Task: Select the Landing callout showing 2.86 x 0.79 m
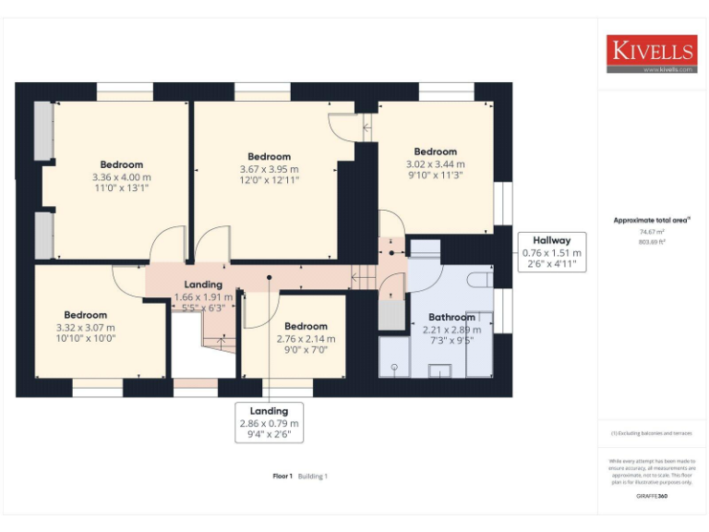[269, 423]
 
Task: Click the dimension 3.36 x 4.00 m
[121, 176]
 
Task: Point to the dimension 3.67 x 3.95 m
[269, 169]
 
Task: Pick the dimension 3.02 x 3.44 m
[435, 163]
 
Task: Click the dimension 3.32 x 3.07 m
[85, 327]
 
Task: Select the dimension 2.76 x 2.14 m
[306, 338]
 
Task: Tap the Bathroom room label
[451, 318]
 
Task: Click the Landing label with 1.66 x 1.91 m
[203, 297]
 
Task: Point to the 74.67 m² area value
[652, 233]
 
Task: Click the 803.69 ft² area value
[652, 241]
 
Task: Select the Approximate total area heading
[652, 220]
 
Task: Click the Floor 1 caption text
[282, 476]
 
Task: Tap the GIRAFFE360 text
[652, 497]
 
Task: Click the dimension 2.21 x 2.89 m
[451, 329]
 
